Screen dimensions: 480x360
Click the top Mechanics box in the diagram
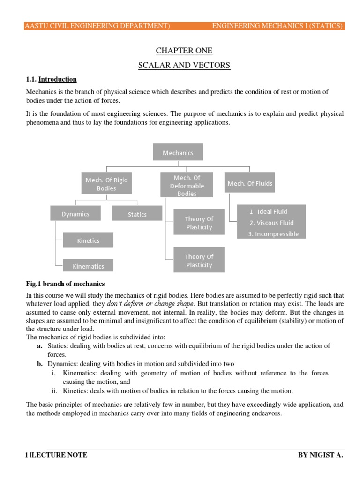pyautogui.click(x=178, y=152)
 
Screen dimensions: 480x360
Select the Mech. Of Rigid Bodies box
pyautogui.click(x=106, y=184)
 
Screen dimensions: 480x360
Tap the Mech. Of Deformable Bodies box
pyautogui.click(x=187, y=185)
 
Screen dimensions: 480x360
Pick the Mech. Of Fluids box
pyautogui.click(x=249, y=183)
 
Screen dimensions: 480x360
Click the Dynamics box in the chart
pyautogui.click(x=75, y=214)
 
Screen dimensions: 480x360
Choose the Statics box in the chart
pyautogui.click(x=137, y=214)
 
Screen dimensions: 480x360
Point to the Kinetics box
pyautogui.click(x=88, y=240)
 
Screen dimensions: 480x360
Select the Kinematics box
pyautogui.click(x=88, y=266)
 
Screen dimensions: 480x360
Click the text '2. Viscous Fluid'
pyautogui.click(x=271, y=223)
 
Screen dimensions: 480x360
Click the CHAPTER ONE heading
pyautogui.click(x=184, y=51)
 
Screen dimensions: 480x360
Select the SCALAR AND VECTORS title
pyautogui.click(x=184, y=65)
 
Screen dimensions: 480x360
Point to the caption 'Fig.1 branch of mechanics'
pyautogui.click(x=65, y=284)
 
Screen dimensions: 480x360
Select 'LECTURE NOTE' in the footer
pyautogui.click(x=59, y=455)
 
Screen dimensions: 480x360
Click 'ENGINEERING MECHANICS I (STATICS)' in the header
pyautogui.click(x=277, y=26)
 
